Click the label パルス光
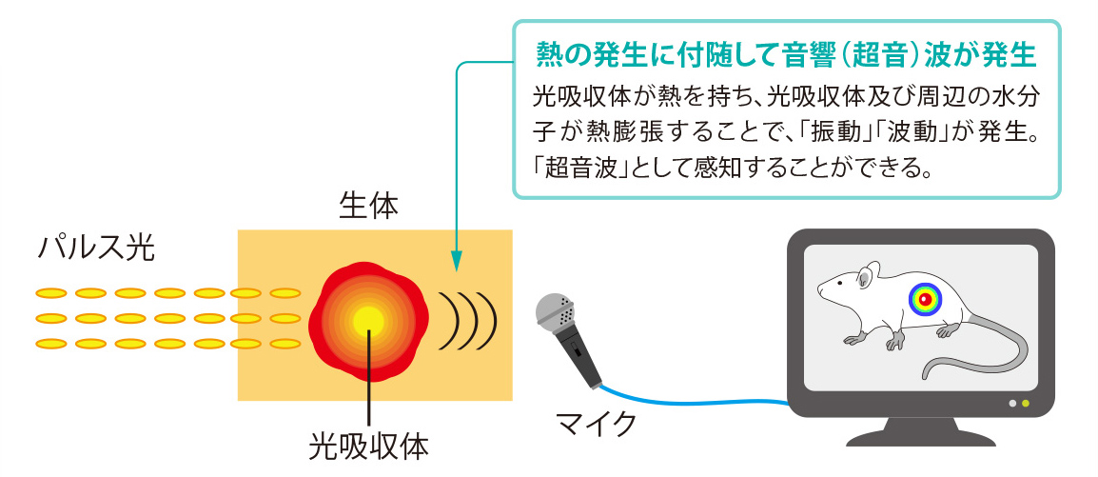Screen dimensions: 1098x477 (x=95, y=248)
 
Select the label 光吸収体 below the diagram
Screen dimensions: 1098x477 (x=369, y=447)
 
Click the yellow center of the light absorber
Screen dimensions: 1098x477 (x=368, y=322)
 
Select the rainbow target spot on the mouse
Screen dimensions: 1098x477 (x=925, y=299)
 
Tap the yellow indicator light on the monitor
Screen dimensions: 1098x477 (x=1026, y=404)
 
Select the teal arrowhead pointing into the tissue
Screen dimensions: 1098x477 (x=456, y=262)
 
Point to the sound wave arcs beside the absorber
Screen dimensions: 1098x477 (x=467, y=320)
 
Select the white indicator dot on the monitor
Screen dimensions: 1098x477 (x=1011, y=404)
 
